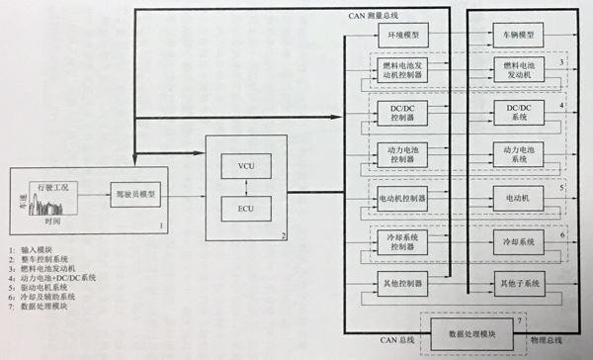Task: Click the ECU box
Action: coord(247,210)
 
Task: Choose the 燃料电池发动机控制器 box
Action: coord(400,68)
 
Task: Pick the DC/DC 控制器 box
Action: coord(400,112)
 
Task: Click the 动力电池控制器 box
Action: coord(400,154)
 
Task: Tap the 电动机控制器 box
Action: coord(400,198)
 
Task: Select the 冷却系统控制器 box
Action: coord(400,241)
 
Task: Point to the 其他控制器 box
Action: coord(400,285)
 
